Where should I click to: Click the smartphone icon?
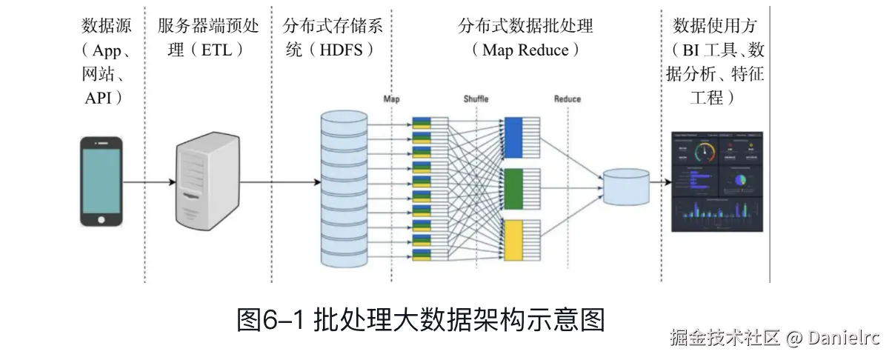coord(101,181)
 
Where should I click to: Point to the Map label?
coord(392,99)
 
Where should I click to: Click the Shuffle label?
coord(476,99)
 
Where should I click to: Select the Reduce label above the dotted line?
coord(568,99)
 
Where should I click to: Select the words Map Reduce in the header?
coord(525,50)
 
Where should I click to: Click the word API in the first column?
coord(98,97)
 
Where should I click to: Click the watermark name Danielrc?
coord(843,339)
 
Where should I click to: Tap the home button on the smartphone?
coord(101,219)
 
